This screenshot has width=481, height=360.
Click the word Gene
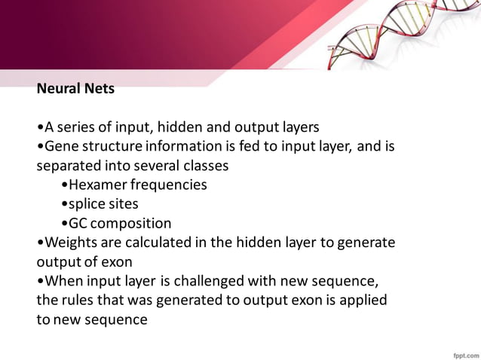60,145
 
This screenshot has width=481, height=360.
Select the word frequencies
167,185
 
